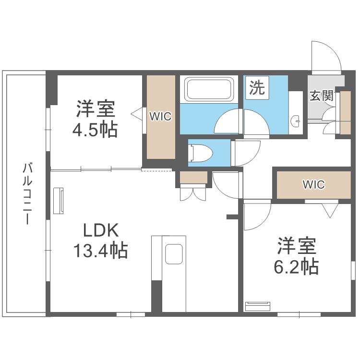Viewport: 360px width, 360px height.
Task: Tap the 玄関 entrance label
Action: [321, 96]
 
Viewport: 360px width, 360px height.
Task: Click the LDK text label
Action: [100, 231]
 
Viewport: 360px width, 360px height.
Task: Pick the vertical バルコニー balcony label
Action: [28, 194]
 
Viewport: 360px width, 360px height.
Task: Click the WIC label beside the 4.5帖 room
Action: [160, 116]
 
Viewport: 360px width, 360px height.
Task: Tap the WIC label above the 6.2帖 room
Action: [313, 184]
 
